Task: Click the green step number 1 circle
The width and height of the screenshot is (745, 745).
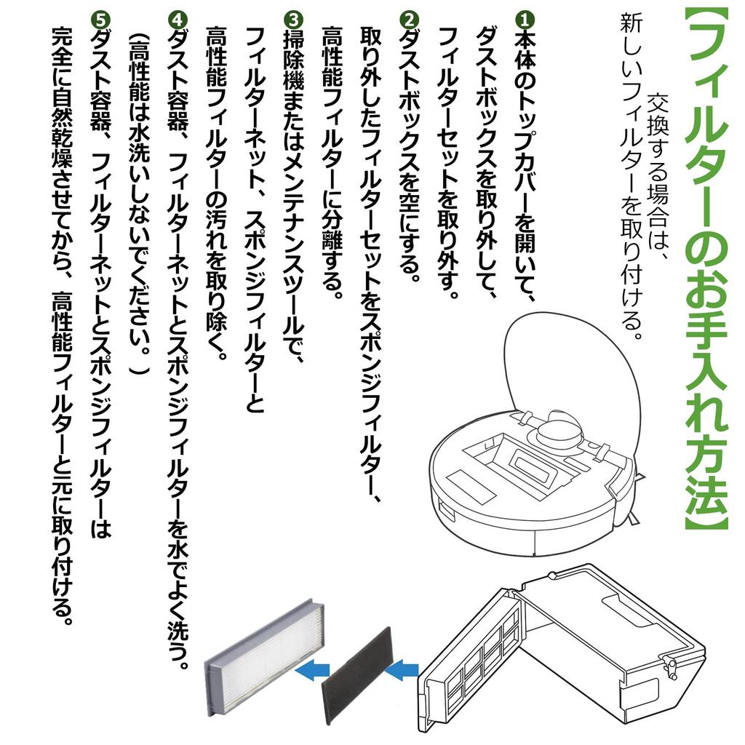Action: (x=525, y=20)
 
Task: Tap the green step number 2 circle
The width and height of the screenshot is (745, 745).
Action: (x=409, y=20)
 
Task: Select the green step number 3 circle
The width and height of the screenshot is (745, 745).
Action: (x=293, y=20)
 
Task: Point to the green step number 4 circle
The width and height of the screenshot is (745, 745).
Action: (x=178, y=20)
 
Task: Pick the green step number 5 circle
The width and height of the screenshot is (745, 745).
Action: (x=100, y=20)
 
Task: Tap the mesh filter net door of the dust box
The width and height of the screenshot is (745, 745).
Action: (x=468, y=663)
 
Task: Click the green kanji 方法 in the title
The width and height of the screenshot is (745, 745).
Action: (x=706, y=467)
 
